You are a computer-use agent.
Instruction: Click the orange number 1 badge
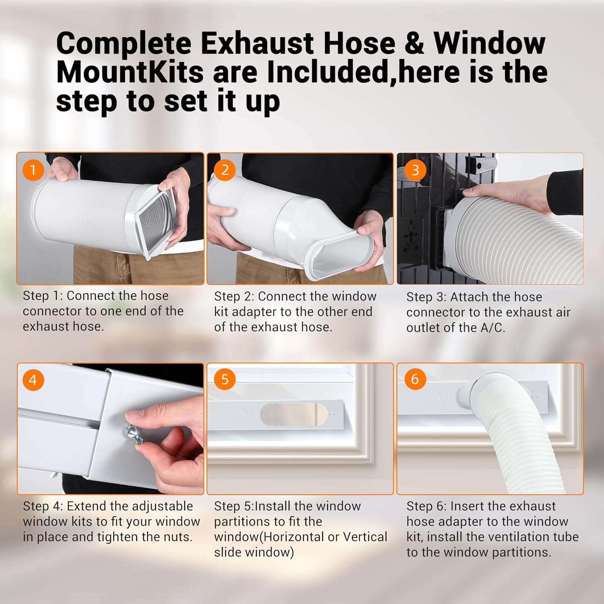point(33,170)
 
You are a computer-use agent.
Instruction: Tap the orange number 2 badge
point(225,170)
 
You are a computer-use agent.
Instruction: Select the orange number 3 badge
point(415,170)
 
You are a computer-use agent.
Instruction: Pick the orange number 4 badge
point(33,380)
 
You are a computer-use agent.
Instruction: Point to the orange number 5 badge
point(225,379)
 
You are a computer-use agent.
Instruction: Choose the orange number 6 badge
point(415,379)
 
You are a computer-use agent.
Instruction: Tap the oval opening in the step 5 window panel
point(294,414)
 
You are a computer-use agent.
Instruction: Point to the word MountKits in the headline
point(130,72)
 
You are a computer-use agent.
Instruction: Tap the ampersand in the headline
point(414,43)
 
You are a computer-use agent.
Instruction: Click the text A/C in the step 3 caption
point(492,328)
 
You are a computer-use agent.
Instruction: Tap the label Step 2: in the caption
point(234,296)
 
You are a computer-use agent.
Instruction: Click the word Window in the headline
point(489,43)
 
